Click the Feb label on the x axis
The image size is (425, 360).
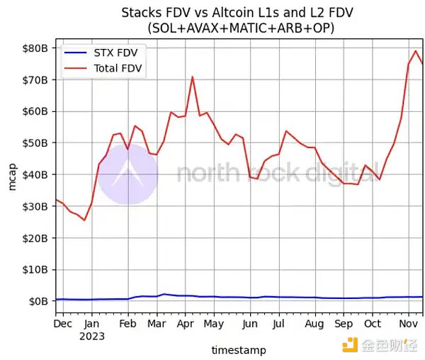point(127,324)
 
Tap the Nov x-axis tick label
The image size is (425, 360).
point(407,324)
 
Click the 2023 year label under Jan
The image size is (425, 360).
point(92,336)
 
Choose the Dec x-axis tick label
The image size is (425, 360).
point(64,324)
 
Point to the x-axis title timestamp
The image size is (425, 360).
point(239,350)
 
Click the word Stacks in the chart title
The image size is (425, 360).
point(140,13)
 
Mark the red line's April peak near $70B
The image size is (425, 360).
point(192,77)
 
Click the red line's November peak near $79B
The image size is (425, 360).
point(415,51)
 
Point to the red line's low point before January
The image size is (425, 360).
point(84,220)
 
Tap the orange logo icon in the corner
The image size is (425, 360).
point(350,345)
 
